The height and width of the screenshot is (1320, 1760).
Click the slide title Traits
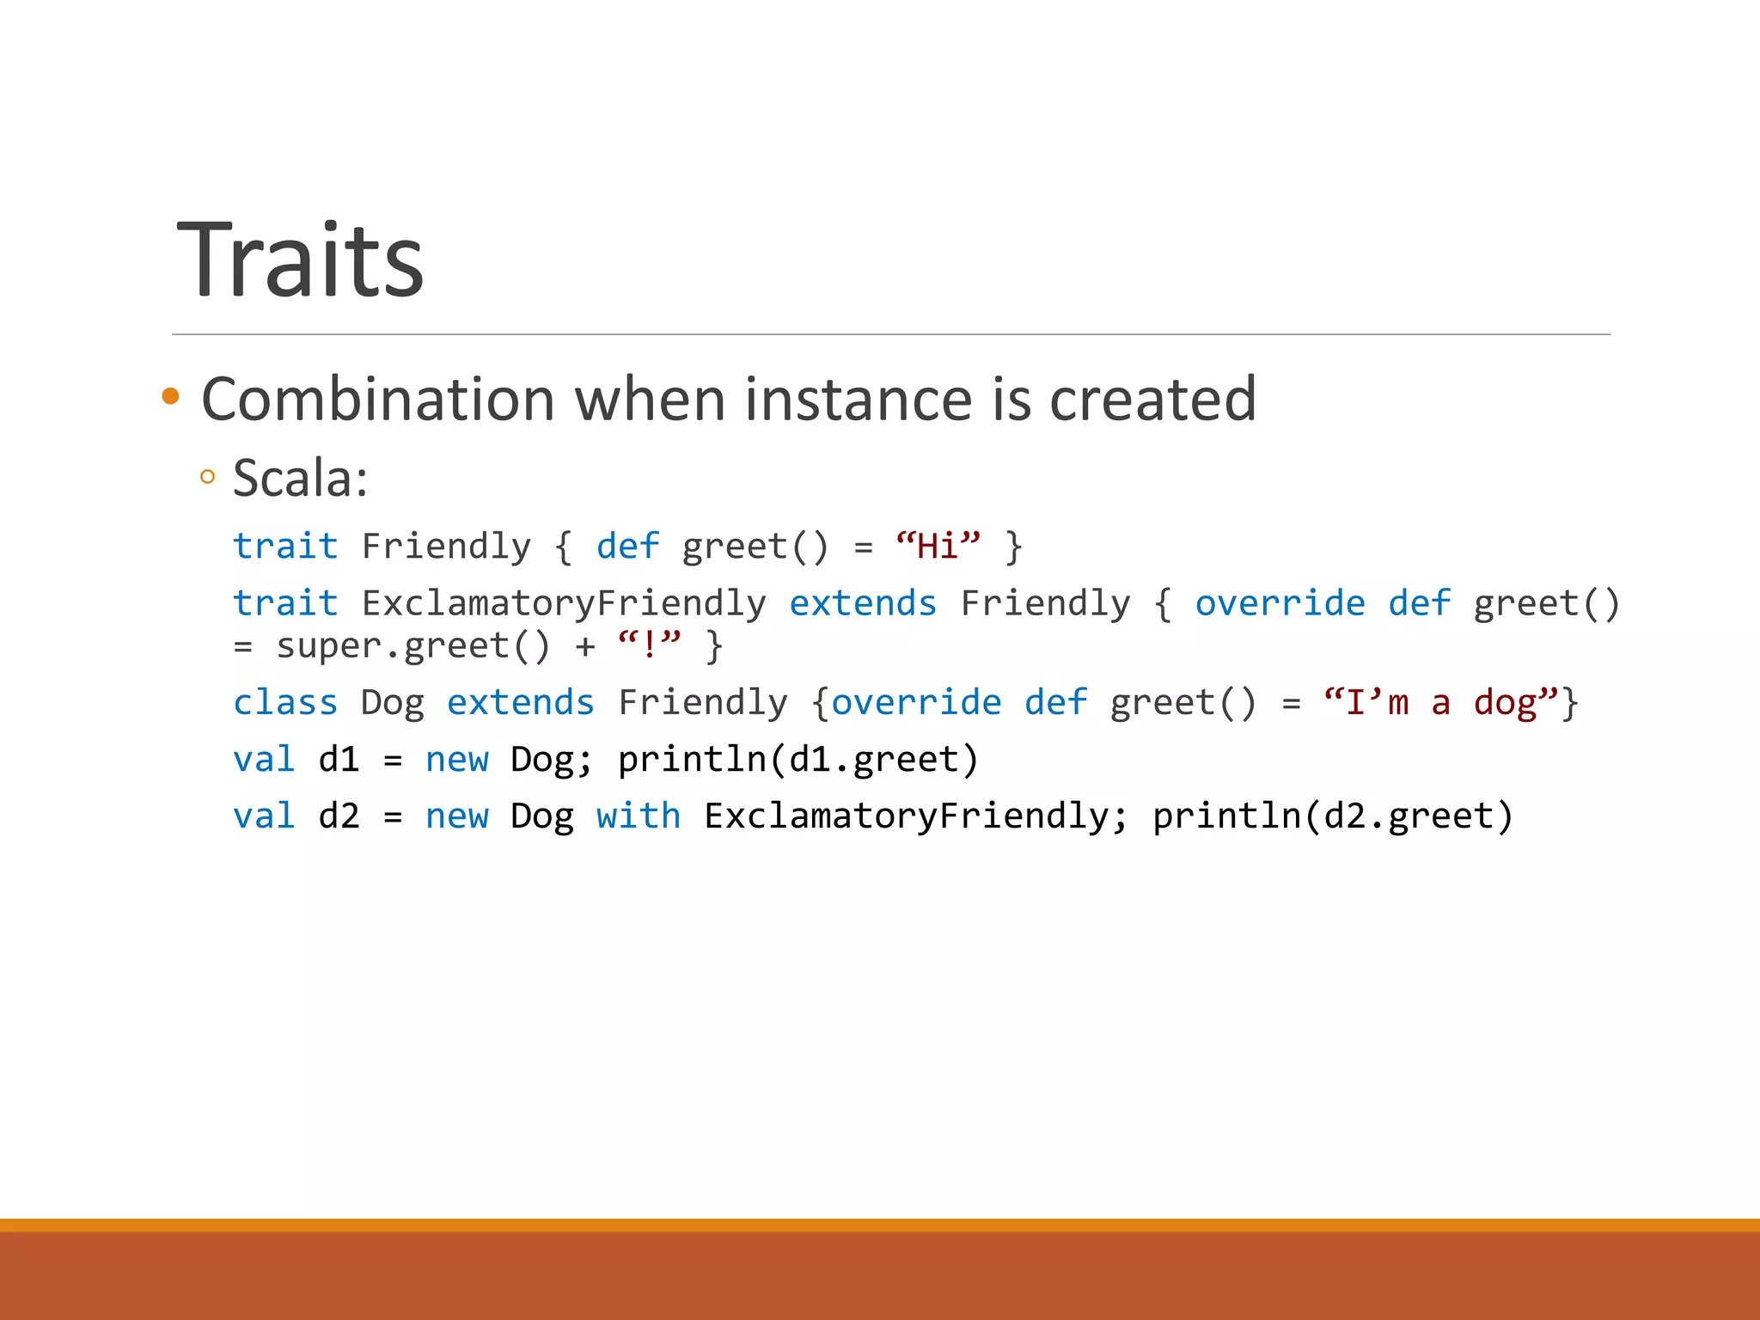click(x=300, y=260)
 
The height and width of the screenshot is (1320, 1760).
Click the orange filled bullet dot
click(x=170, y=396)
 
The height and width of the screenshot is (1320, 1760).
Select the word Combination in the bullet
click(x=378, y=400)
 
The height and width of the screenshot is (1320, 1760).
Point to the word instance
click(x=859, y=400)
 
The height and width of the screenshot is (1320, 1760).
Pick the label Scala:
click(x=300, y=478)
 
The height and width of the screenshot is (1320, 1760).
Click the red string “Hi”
click(x=938, y=547)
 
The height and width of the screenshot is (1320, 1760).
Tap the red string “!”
click(x=650, y=645)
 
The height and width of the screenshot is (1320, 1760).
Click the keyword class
click(x=285, y=703)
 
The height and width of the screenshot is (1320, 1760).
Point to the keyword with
click(x=639, y=816)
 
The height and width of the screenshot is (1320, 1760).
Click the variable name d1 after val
click(x=339, y=760)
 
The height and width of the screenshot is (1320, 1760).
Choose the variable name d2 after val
click(x=339, y=816)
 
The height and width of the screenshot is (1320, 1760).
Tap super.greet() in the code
click(x=412, y=646)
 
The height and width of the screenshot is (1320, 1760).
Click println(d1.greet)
click(x=798, y=760)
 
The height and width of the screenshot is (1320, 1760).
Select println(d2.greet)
click(x=1332, y=816)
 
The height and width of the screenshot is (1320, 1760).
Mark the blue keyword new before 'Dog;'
click(x=456, y=760)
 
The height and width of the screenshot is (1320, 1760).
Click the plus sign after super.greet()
click(x=585, y=646)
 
